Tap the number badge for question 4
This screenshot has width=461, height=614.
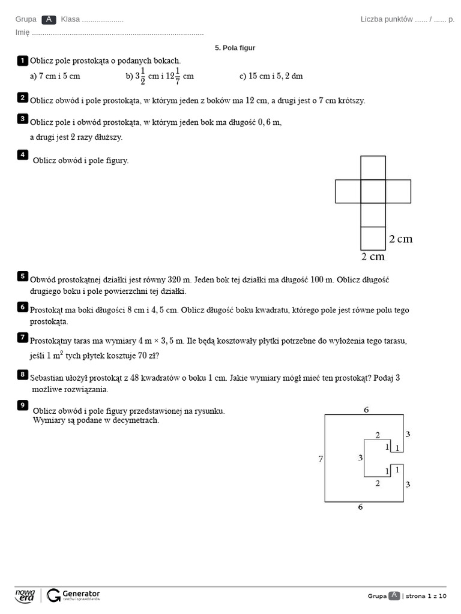pyautogui.click(x=23, y=155)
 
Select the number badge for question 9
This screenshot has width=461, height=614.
pyautogui.click(x=23, y=405)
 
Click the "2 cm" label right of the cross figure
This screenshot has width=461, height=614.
pyautogui.click(x=400, y=239)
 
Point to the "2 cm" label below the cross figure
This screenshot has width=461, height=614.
pyautogui.click(x=373, y=257)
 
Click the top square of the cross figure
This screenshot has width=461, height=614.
pyautogui.click(x=373, y=168)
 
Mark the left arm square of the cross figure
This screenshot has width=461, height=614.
pyautogui.click(x=348, y=191)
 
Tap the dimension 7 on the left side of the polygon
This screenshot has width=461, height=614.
pyautogui.click(x=321, y=459)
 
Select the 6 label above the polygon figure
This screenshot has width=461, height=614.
pyautogui.click(x=366, y=410)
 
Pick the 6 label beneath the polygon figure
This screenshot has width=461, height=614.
pyautogui.click(x=361, y=507)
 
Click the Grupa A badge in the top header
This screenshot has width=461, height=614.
pyautogui.click(x=49, y=19)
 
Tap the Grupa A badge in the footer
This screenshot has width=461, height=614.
pyautogui.click(x=394, y=595)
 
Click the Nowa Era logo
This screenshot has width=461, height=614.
pyautogui.click(x=25, y=595)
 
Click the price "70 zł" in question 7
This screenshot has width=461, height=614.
pyautogui.click(x=147, y=356)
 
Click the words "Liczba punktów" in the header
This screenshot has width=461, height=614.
pyautogui.click(x=387, y=19)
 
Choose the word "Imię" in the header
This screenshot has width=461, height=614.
pyautogui.click(x=22, y=32)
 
